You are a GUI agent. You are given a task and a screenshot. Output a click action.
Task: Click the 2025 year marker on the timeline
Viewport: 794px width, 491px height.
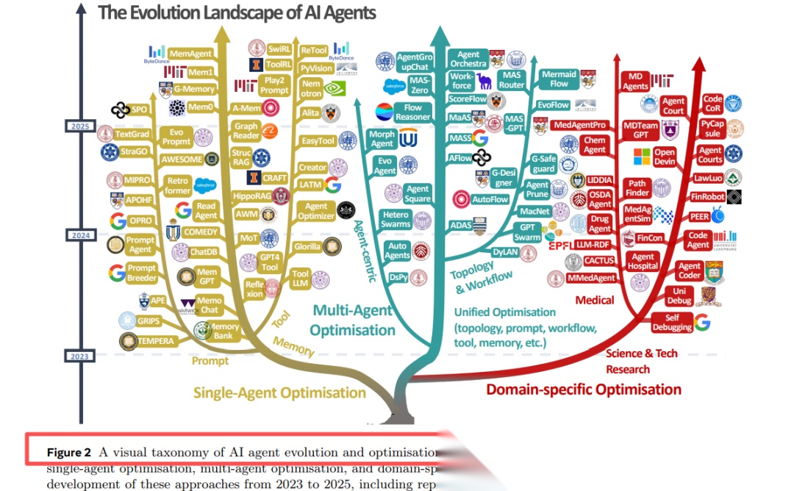79,126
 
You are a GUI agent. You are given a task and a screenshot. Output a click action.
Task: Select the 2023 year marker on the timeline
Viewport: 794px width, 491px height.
79,356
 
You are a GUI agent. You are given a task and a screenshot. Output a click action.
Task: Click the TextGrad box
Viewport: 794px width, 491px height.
133,135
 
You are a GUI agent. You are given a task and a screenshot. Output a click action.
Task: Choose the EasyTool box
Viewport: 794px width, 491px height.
318,141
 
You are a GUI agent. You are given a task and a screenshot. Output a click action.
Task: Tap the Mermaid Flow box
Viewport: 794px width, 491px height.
559,79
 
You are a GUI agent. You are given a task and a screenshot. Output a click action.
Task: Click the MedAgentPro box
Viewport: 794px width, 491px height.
580,125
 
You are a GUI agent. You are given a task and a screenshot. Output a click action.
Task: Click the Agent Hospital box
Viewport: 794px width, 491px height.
642,262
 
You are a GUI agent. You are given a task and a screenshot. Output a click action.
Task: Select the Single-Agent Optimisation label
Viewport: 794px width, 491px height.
279,393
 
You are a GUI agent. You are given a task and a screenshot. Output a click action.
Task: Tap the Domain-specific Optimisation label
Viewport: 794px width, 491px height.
584,389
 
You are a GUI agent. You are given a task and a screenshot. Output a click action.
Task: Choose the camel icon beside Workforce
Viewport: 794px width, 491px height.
484,81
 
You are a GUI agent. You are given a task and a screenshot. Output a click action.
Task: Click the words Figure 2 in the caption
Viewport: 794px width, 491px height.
69,451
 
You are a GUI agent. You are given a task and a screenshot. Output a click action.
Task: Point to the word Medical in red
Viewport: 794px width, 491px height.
595,300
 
